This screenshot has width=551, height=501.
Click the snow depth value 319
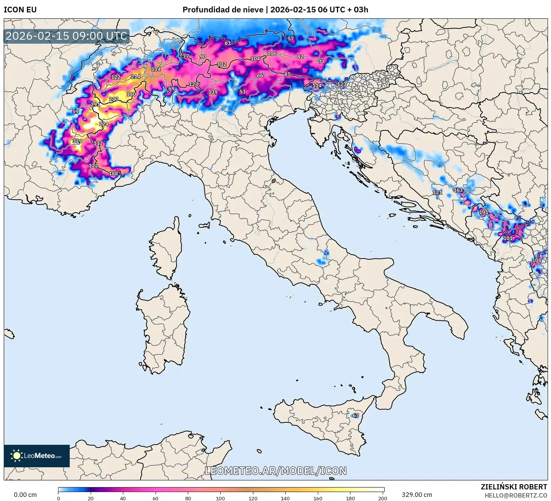77,141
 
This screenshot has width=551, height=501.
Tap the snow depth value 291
96,105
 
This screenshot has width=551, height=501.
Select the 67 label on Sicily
355,415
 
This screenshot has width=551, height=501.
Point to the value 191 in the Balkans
484,212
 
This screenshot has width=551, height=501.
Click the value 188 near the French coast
113,173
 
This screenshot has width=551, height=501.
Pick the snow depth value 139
213,92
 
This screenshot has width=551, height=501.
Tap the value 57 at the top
291,38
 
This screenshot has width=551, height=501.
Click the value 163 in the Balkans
458,190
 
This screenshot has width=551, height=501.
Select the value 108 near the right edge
537,260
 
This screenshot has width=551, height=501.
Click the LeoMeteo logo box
37,456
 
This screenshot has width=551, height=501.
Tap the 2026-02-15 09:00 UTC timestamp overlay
67,36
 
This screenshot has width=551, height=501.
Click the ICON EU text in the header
20,10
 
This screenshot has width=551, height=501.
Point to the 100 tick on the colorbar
220,498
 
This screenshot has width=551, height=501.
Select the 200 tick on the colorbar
382,498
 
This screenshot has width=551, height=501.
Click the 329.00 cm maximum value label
417,495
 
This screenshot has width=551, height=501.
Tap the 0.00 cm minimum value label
25,495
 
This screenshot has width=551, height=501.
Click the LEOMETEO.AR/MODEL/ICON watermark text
275,471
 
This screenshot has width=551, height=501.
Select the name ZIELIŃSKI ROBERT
514,487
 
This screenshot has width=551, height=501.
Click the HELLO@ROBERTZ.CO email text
516,495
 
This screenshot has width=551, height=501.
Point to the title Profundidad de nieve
223,10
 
